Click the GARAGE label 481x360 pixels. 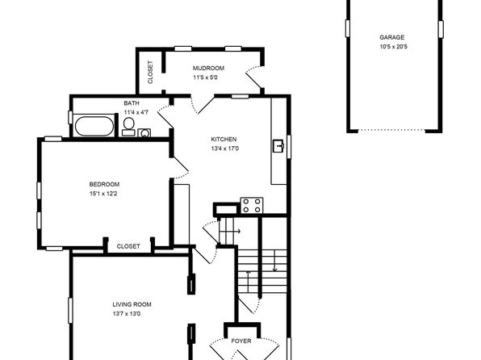point(391,37)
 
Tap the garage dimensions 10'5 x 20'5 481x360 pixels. point(394,47)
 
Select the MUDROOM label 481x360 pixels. point(208,68)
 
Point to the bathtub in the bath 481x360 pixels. point(94,126)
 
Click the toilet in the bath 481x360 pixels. point(129,127)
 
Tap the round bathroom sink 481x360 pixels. point(144,133)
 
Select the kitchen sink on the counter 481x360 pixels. point(278,146)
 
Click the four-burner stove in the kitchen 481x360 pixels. point(252,206)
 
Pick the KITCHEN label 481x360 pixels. point(224,140)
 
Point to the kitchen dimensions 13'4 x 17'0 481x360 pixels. point(225,149)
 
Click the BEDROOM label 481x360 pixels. point(104,185)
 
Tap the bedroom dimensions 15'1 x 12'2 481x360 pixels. point(103,194)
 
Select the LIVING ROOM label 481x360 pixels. point(132,304)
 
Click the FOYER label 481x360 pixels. point(241,341)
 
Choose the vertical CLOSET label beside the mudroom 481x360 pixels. point(150,73)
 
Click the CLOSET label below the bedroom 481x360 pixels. point(128,246)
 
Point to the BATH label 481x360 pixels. point(132,103)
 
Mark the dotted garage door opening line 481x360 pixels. point(391,130)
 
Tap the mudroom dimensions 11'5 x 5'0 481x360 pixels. point(205,77)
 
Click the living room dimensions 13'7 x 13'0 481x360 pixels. point(127,314)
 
